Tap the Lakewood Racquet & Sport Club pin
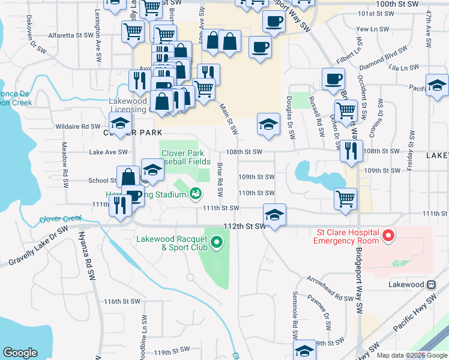[217, 243]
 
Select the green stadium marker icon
[194, 193]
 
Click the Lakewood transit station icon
[430, 284]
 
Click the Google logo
[20, 352]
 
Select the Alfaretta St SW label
[71, 35]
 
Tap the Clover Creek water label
[60, 220]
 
